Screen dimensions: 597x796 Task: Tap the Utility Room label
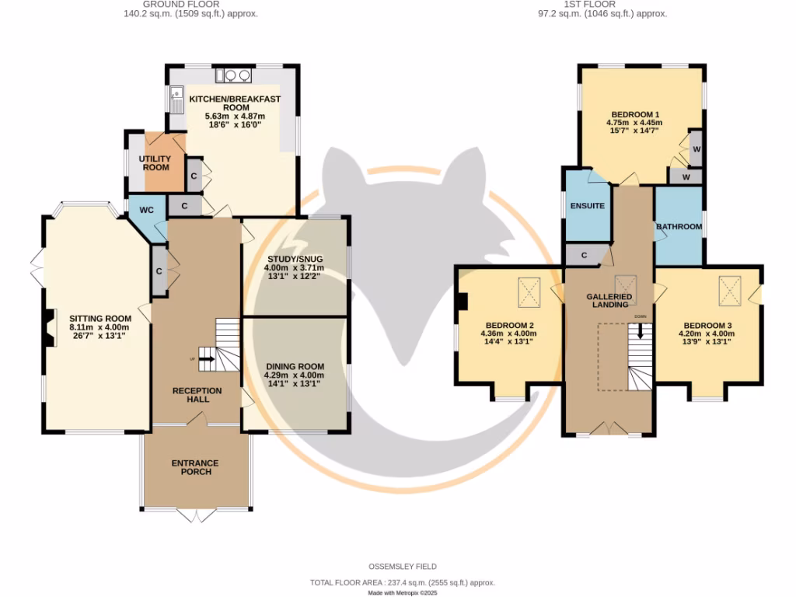[155, 162]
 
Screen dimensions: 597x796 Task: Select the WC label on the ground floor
[146, 210]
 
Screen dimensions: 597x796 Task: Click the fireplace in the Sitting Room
[51, 327]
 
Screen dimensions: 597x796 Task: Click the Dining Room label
[295, 366]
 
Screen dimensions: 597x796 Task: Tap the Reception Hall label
[197, 394]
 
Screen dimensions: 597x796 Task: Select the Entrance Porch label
[195, 467]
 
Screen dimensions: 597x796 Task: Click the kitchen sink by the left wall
[175, 99]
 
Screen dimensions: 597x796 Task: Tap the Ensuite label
[587, 206]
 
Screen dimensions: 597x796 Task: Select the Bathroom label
[679, 227]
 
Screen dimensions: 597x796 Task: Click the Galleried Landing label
[610, 301]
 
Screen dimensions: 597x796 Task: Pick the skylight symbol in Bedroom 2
[530, 293]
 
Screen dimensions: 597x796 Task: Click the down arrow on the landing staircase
[641, 330]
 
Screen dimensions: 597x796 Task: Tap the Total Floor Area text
[403, 582]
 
